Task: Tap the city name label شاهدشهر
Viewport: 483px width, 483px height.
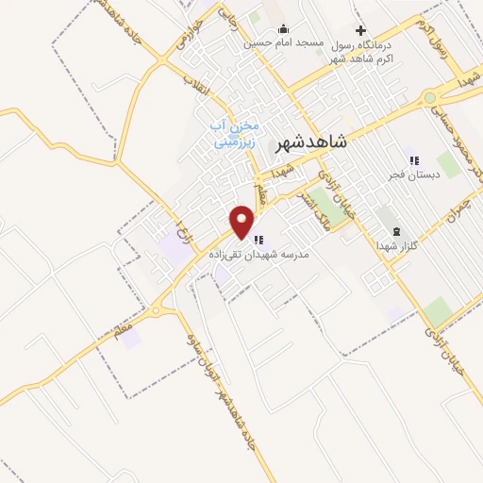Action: [311, 143]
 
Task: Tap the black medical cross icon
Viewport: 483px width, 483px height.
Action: [360, 30]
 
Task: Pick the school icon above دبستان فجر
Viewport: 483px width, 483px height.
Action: [412, 159]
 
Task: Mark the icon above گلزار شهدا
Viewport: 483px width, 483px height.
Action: [396, 231]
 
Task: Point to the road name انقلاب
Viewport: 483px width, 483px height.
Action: [192, 88]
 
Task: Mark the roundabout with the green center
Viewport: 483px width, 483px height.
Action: [430, 98]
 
